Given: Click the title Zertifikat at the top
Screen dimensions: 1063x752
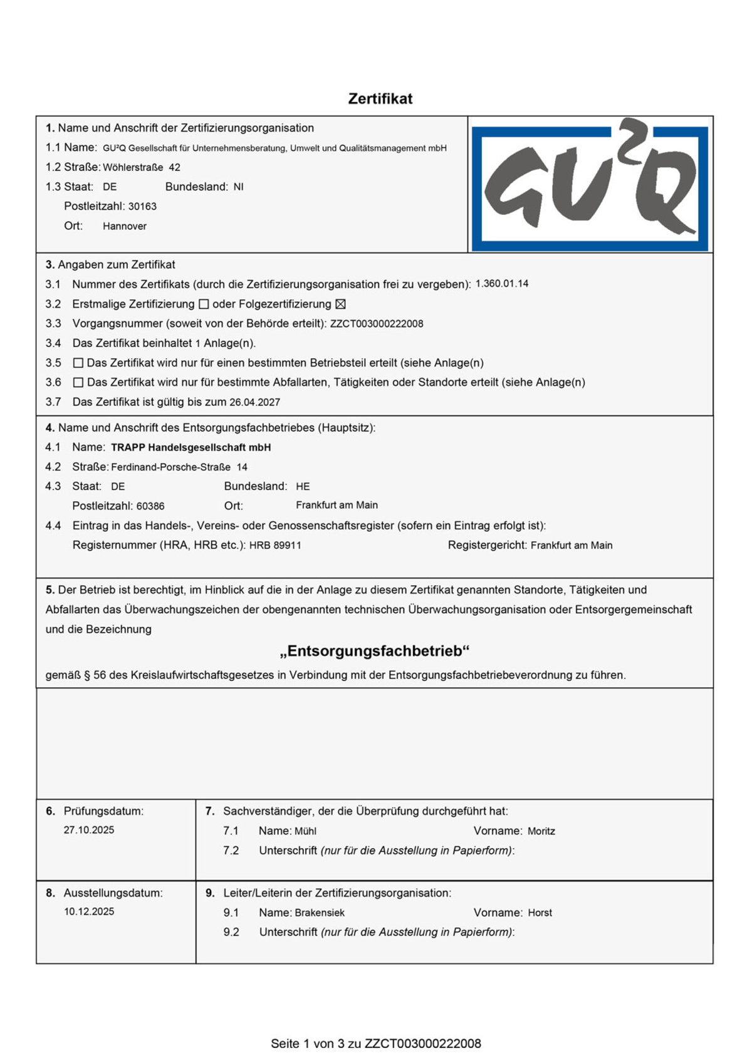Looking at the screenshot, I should (x=380, y=99).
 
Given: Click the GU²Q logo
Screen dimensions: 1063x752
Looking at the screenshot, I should (x=590, y=185).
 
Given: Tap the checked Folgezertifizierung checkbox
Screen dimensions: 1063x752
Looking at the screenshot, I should (x=340, y=304).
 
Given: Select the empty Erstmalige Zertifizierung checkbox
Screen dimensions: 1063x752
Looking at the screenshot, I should (x=204, y=304).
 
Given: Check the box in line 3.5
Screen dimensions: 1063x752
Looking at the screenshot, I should (x=78, y=363).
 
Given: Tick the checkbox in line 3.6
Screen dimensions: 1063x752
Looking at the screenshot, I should (x=78, y=382).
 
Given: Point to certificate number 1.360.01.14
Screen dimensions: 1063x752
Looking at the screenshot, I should (x=501, y=284).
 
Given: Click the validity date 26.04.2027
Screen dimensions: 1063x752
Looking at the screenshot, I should (x=254, y=402).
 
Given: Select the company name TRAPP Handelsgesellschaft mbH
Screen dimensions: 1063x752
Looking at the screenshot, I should (x=191, y=447).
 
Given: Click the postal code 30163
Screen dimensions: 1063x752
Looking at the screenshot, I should (x=142, y=207).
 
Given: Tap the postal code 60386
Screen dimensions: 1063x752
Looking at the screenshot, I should (x=150, y=506).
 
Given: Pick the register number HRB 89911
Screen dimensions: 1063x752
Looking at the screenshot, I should (x=275, y=546).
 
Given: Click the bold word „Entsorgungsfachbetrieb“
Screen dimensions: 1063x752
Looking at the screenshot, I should (x=375, y=651).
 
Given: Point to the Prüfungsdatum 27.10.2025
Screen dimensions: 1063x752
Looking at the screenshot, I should (x=89, y=830).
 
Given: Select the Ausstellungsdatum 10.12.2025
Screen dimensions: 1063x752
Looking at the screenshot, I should (x=89, y=911).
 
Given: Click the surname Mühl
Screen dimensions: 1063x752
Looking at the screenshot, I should (x=305, y=831).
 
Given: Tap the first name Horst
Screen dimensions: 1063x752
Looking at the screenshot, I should (x=540, y=913).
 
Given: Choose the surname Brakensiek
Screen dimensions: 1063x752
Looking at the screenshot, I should (x=320, y=913).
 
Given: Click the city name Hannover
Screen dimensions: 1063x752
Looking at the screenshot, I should (x=125, y=226).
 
